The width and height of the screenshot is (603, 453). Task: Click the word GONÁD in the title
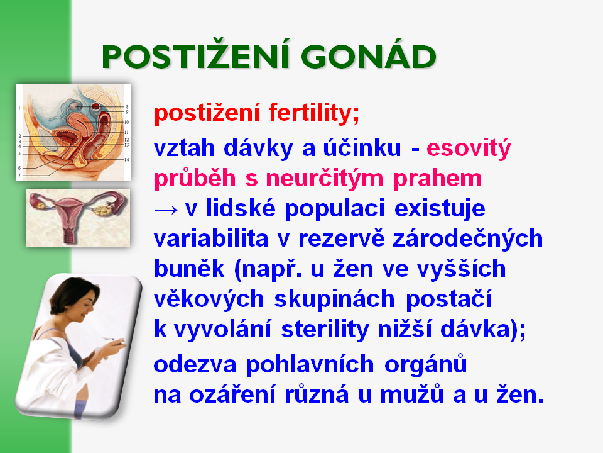click(369, 57)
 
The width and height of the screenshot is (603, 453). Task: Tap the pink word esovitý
click(469, 148)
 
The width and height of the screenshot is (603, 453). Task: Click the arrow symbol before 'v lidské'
click(166, 210)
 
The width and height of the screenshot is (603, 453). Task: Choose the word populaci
click(335, 210)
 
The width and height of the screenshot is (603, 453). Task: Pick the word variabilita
click(211, 238)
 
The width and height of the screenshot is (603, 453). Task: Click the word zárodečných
click(467, 240)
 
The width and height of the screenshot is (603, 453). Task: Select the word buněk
click(189, 268)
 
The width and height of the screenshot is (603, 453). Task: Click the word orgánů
click(425, 364)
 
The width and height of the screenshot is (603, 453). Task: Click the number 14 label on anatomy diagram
click(126, 159)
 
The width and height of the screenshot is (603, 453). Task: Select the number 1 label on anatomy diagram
click(19, 108)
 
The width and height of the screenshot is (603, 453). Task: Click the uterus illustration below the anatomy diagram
click(78, 218)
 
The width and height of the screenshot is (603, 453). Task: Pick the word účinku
click(362, 147)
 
